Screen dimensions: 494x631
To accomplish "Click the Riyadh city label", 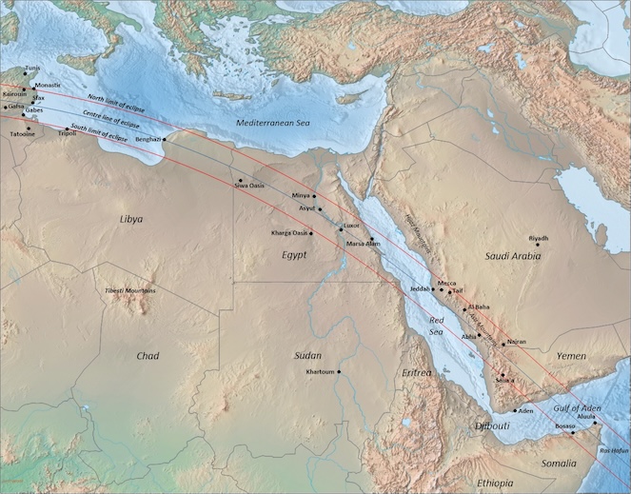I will [x=539, y=238].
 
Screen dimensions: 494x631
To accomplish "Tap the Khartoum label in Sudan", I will [x=321, y=371].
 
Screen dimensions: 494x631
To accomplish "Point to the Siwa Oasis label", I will [x=249, y=186].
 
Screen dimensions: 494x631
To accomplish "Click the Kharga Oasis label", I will [x=289, y=233].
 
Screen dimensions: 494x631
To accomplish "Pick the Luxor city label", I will [x=352, y=226].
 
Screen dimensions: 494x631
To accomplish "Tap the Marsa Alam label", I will [x=364, y=245].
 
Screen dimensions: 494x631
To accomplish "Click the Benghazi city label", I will [x=148, y=140].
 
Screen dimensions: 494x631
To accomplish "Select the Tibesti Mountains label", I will [x=131, y=290].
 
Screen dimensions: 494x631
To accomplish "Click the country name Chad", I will [x=148, y=356].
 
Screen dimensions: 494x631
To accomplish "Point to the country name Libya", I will [x=131, y=219].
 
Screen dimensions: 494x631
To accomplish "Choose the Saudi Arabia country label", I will [x=513, y=257].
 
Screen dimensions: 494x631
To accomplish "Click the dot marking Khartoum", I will [x=338, y=371].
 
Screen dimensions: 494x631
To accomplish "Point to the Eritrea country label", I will [x=416, y=372].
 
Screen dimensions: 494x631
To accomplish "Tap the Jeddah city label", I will [x=420, y=287].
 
